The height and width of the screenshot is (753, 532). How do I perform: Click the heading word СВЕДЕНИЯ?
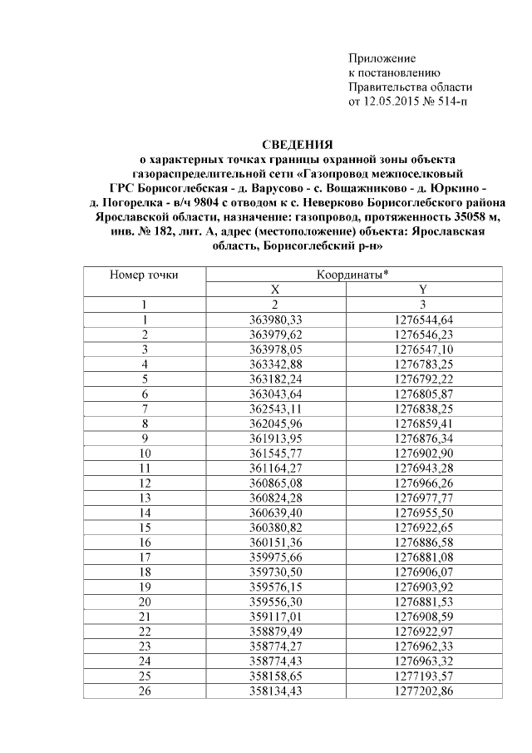coord(297,145)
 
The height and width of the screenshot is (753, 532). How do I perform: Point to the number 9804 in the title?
coord(207,201)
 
